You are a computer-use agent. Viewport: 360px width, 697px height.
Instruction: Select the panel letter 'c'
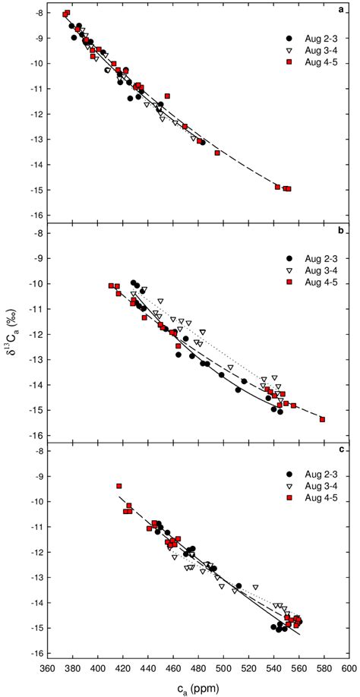click(x=344, y=449)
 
